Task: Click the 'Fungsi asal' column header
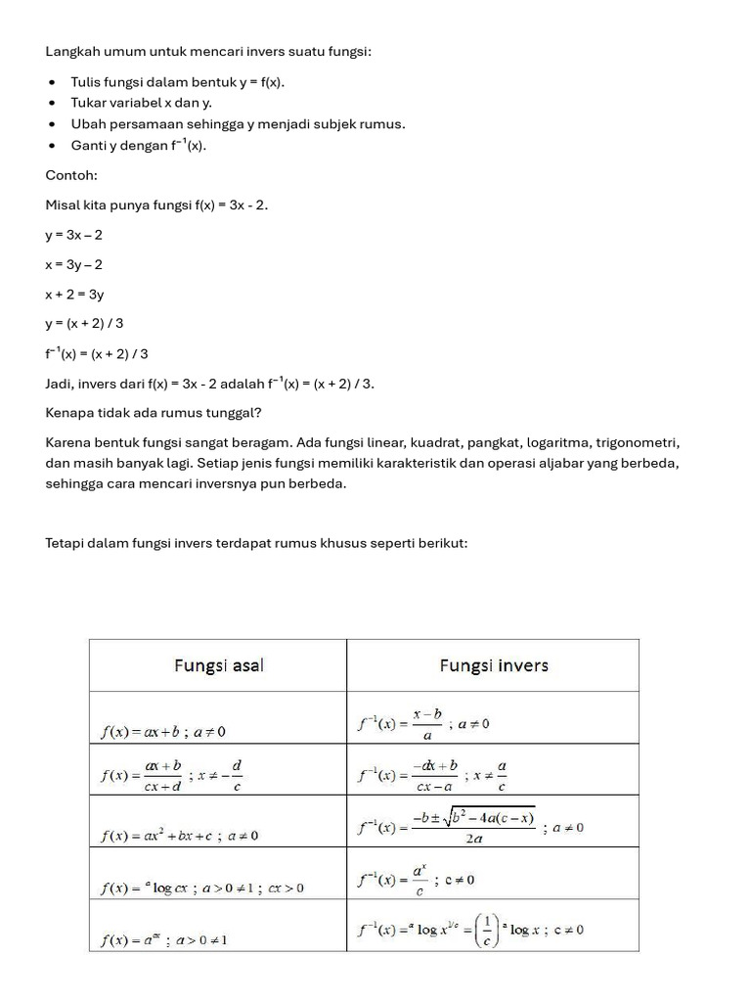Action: click(x=218, y=665)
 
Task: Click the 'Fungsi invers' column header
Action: click(x=493, y=665)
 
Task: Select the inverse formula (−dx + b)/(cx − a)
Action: click(x=434, y=775)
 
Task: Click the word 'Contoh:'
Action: click(x=71, y=175)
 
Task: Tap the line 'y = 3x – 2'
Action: click(x=73, y=235)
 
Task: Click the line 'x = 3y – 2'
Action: click(x=73, y=264)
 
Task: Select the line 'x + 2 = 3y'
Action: click(x=74, y=294)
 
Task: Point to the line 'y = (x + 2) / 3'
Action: click(x=84, y=323)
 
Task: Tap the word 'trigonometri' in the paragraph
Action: click(x=641, y=442)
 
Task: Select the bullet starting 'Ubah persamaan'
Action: click(x=238, y=123)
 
